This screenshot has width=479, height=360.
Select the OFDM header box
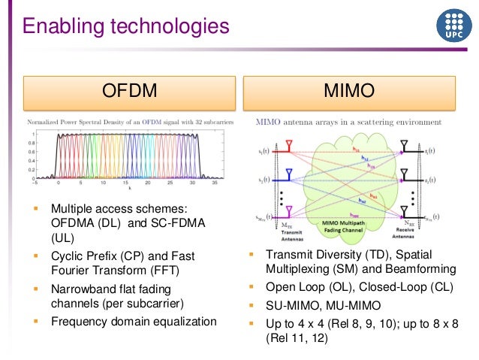(129, 92)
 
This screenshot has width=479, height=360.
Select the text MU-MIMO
(350, 305)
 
